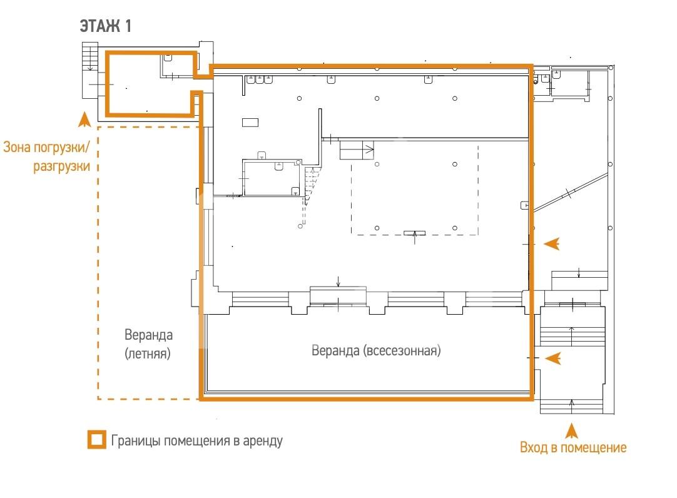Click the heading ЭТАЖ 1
point(105,26)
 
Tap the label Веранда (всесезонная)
point(376,350)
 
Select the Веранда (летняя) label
point(148,344)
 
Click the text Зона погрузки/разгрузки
point(47,156)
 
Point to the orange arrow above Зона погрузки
point(84,119)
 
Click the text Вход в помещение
point(573,447)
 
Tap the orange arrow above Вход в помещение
point(572,430)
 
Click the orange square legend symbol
point(97,440)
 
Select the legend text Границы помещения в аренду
point(197,440)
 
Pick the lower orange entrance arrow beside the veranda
point(552,358)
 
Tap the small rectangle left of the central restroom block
point(250,123)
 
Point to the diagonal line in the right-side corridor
point(571,193)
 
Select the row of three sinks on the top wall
point(260,79)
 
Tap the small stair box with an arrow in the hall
point(357,150)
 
